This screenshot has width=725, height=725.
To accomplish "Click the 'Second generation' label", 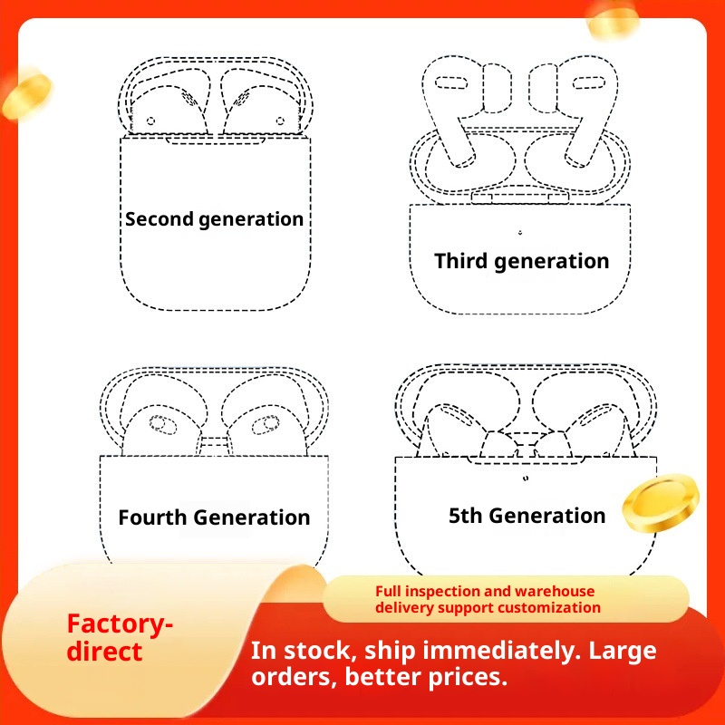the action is point(214,219).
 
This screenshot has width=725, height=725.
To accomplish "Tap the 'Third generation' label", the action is point(522,261).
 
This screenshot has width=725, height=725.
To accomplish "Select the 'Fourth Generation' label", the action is point(214,517).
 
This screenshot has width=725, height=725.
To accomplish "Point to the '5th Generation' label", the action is point(527,516).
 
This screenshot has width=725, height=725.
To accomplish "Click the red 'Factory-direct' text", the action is point(120,638).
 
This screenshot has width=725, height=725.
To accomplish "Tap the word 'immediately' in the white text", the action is point(502,651).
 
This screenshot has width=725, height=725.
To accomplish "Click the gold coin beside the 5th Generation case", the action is point(661,503).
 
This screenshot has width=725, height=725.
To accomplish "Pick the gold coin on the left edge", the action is point(27,94).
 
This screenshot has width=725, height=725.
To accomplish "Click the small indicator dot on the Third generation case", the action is point(520,232).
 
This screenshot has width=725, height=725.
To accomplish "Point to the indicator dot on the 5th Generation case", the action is point(526,478).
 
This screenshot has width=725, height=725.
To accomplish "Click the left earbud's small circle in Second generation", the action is point(150,121).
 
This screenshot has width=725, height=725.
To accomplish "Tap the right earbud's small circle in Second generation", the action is point(280,121).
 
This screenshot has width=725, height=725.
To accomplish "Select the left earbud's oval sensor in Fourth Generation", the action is point(162,425).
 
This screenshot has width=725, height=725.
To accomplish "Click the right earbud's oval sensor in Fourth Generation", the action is point(266,425).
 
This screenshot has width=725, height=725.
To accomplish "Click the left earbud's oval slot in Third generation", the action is point(451,83).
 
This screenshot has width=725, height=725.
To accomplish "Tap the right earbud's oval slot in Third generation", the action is point(588,83).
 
